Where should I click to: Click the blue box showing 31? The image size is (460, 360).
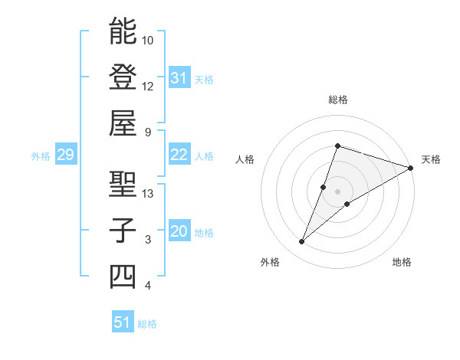(179, 78)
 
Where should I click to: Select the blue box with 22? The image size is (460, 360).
(179, 155)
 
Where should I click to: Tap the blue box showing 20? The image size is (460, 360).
(179, 232)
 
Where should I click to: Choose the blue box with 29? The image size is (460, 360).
(65, 155)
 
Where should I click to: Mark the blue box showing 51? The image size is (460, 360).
(122, 322)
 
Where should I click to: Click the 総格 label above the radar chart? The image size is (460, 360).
(337, 100)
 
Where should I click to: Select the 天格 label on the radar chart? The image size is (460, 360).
(431, 159)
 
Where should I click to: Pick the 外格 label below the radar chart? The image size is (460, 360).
(270, 262)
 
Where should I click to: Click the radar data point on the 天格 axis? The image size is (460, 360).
(410, 168)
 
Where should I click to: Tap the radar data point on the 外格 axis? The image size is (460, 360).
(302, 242)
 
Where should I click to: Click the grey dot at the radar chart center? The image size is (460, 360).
(337, 191)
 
